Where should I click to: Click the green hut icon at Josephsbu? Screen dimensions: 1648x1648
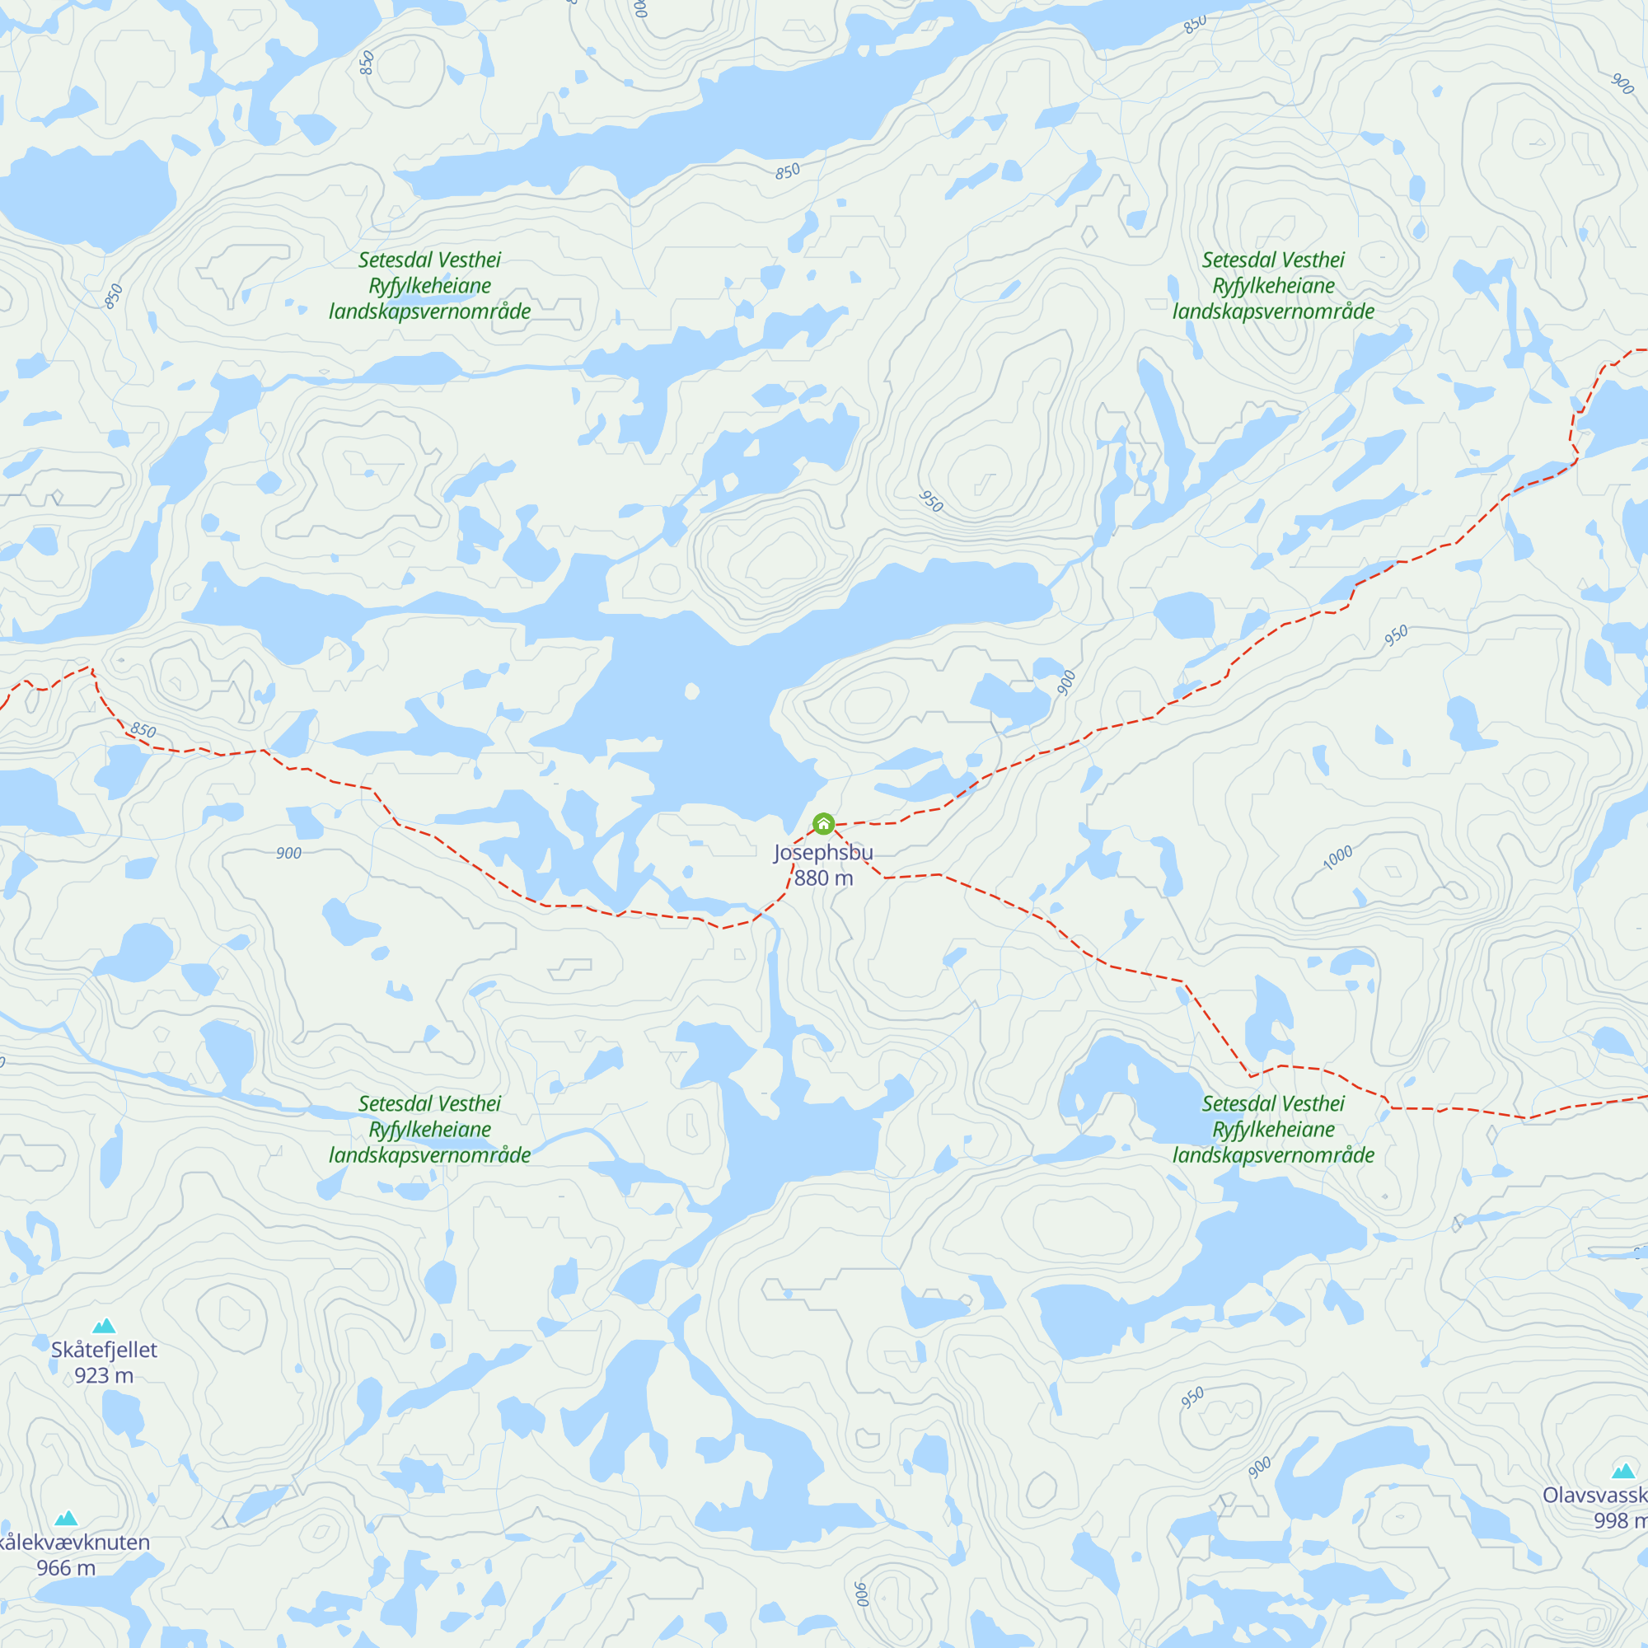point(823,823)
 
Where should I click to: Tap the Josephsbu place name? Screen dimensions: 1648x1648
point(823,852)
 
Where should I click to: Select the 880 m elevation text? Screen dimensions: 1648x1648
point(823,878)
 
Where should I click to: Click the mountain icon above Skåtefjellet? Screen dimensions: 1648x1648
point(104,1325)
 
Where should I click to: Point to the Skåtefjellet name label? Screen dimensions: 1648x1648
point(104,1350)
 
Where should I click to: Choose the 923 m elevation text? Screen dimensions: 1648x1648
point(104,1375)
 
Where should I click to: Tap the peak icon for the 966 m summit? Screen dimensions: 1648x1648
point(67,1518)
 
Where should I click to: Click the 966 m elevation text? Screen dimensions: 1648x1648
point(67,1568)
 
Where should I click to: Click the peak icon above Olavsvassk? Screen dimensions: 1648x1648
point(1623,1471)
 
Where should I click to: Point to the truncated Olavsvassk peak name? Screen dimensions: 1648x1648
point(1594,1496)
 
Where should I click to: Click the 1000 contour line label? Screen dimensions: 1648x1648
point(1337,857)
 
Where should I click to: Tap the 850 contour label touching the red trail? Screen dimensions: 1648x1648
point(143,730)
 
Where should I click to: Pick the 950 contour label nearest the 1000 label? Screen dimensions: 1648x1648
point(1396,635)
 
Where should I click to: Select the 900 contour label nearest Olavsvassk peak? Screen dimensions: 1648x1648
point(1259,1468)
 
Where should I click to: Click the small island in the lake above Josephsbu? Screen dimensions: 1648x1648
point(692,691)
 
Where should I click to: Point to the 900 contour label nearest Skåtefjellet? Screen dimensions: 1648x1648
point(288,853)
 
